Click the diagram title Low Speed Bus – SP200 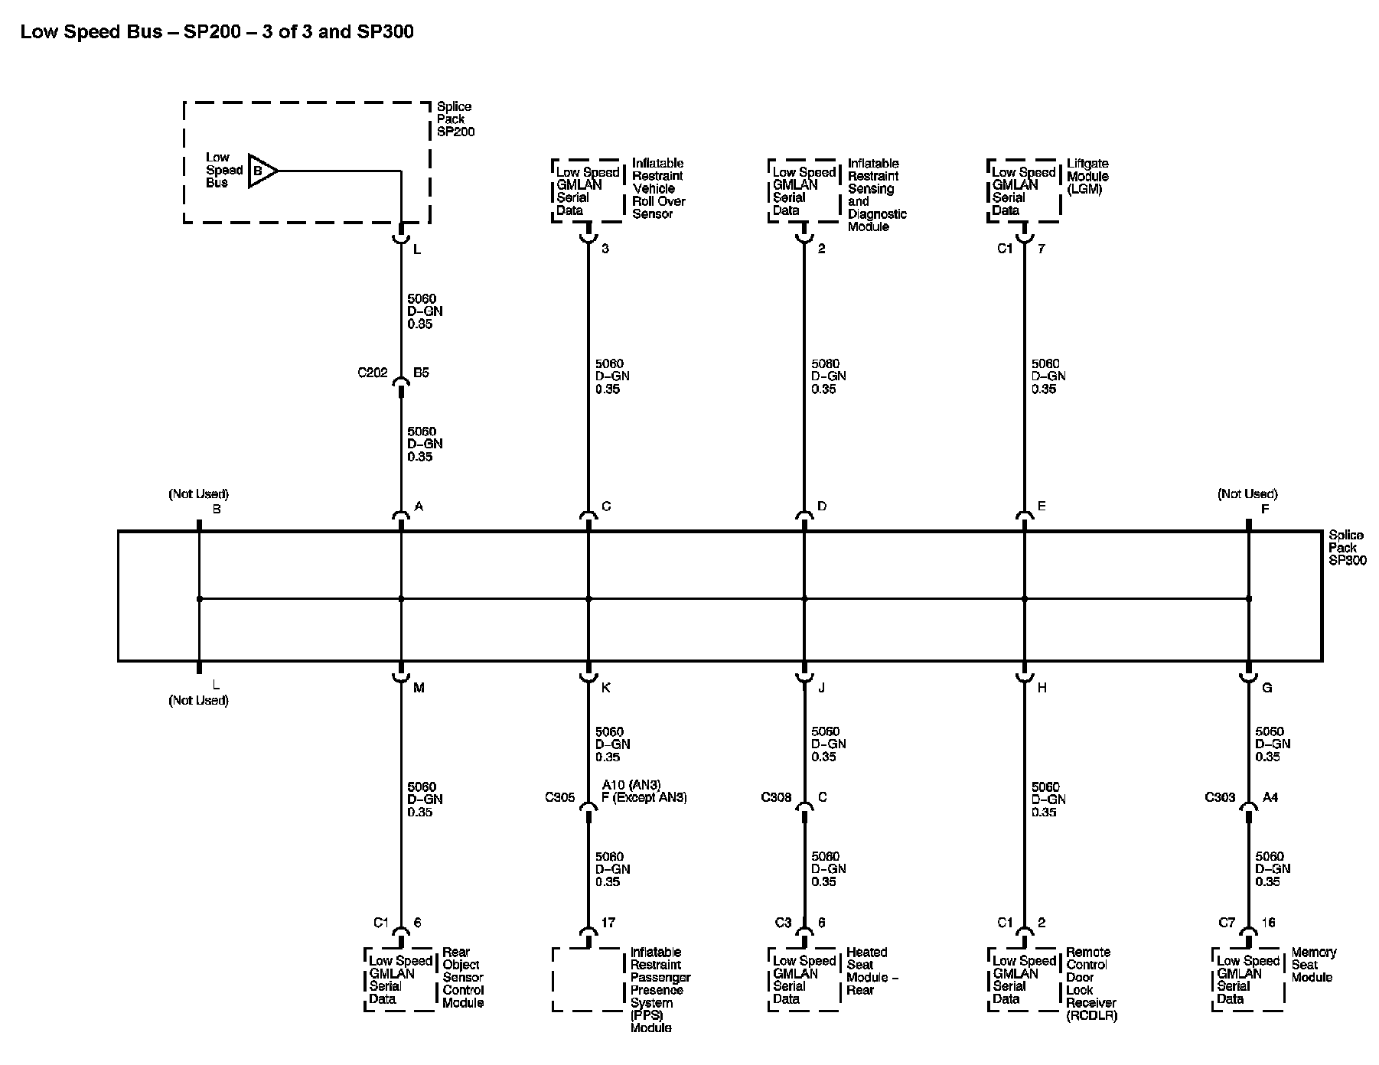217,32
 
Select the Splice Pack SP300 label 1346,548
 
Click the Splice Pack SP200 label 455,119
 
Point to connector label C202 373,373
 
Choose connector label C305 559,797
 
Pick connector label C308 775,797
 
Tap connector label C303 1220,797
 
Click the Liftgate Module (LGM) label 1087,176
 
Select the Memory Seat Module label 1313,965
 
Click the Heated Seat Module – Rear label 872,971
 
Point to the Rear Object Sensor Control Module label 463,977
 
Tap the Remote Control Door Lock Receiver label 1091,984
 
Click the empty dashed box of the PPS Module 588,979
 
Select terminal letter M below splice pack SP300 419,688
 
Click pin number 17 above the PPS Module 608,923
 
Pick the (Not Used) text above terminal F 1247,494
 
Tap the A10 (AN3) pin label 631,785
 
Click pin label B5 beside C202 421,373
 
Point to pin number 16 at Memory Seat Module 1268,923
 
